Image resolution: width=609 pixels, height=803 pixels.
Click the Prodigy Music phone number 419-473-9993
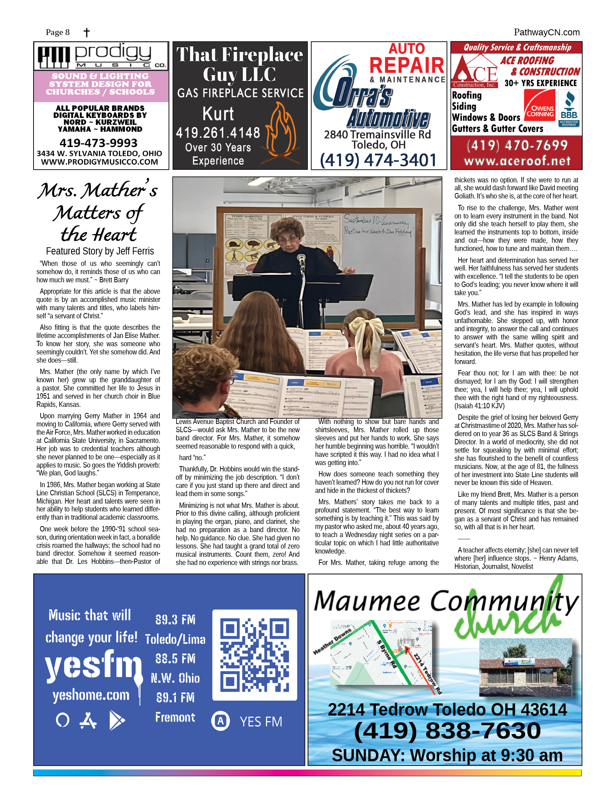[x=98, y=143]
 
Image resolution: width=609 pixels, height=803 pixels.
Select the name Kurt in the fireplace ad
[x=218, y=114]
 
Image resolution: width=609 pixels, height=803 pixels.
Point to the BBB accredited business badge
[x=569, y=108]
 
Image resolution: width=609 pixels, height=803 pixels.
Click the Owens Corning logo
[x=540, y=106]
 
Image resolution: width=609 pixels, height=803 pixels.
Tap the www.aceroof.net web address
[x=517, y=161]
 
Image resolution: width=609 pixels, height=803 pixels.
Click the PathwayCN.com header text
[x=546, y=32]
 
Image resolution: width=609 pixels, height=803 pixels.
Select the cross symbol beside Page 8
[x=86, y=33]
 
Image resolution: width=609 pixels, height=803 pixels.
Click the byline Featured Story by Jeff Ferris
[x=100, y=251]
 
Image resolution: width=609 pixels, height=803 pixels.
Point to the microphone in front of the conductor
[x=301, y=259]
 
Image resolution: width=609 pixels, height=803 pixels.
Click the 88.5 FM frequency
[x=175, y=659]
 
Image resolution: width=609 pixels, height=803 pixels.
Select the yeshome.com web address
[x=91, y=695]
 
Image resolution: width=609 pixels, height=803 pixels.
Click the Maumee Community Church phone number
[x=447, y=731]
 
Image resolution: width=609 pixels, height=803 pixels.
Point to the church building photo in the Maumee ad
[x=525, y=668]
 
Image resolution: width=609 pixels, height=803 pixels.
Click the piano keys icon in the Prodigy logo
[x=54, y=57]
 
